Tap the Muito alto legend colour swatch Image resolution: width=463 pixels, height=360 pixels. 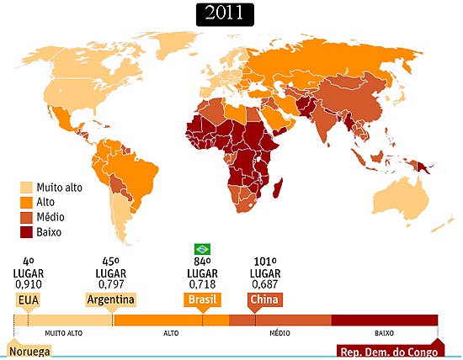tap(26, 188)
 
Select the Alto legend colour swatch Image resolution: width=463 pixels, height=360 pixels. tap(26, 202)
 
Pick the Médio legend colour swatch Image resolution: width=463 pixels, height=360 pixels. tap(26, 216)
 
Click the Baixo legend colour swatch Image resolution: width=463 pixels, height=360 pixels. tap(26, 230)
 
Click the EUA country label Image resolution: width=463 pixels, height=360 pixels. tap(28, 299)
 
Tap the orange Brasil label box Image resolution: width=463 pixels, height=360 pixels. tap(202, 299)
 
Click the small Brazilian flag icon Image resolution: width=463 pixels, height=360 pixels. tap(202, 248)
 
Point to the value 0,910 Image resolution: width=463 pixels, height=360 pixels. tap(28, 284)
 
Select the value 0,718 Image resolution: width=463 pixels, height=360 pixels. tap(202, 284)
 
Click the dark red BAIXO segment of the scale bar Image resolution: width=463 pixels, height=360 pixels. tap(384, 320)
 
